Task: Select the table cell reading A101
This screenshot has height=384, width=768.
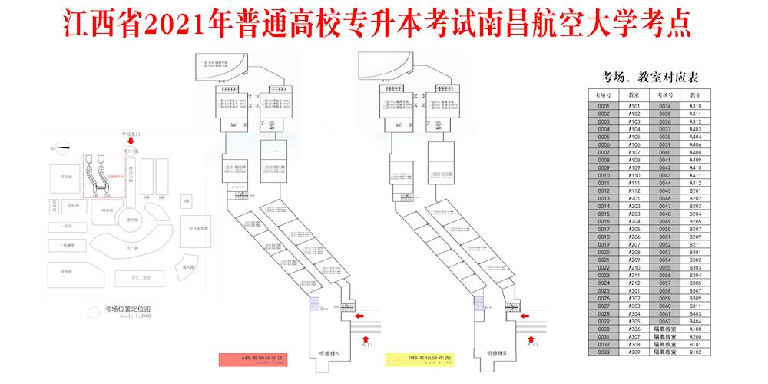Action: tap(634, 105)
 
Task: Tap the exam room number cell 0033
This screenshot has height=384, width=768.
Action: tap(603, 353)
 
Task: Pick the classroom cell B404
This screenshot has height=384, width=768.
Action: tap(695, 321)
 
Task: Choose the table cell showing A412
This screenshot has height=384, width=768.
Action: tap(695, 183)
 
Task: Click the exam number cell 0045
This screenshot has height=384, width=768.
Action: tap(664, 190)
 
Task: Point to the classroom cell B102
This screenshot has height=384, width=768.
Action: tap(695, 353)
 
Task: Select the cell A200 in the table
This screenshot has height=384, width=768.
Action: tap(695, 336)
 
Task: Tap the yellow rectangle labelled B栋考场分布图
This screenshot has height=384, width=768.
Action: tap(419, 359)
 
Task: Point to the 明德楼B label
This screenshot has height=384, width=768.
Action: tap(496, 353)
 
